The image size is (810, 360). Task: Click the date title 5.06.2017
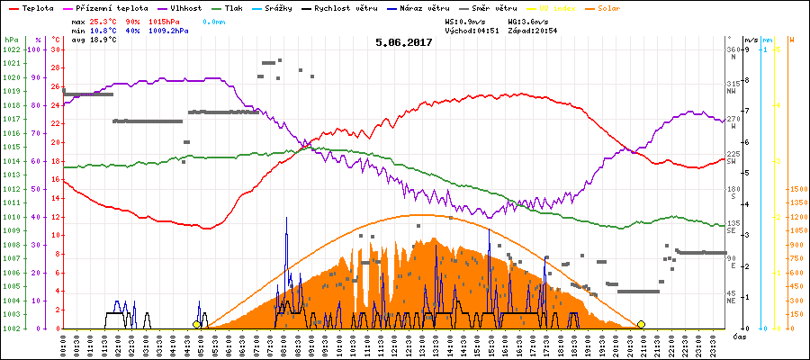(x=404, y=41)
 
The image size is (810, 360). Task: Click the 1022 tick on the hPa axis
(x=12, y=49)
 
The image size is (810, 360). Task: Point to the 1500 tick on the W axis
(x=796, y=189)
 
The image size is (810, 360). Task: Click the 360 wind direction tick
(x=733, y=49)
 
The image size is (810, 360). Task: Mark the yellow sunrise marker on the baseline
(x=196, y=324)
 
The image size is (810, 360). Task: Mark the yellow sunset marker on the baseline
(x=642, y=324)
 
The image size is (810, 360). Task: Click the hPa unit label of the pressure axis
(x=11, y=40)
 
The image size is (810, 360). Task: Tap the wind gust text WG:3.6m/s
(x=528, y=21)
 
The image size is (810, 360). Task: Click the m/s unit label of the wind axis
(x=751, y=40)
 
